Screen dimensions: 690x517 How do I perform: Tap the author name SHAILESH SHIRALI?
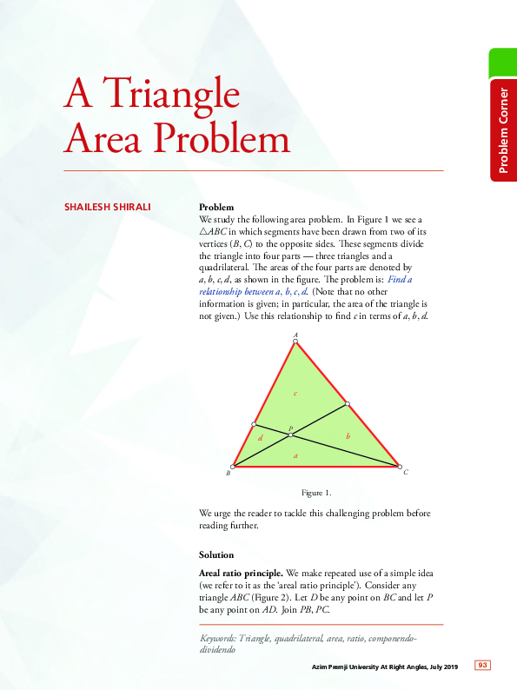pos(107,208)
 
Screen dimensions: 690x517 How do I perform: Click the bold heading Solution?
pos(216,554)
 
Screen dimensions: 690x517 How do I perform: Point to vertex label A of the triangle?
pos(296,335)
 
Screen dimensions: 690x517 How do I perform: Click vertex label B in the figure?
pos(228,474)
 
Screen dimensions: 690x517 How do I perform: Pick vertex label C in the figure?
pos(406,473)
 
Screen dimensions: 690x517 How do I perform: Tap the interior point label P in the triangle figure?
pos(291,428)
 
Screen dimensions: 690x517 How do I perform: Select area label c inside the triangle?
pos(295,394)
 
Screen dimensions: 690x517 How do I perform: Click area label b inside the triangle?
pos(348,436)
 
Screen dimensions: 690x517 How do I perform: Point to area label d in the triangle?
pos(260,439)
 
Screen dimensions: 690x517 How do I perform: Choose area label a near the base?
pos(295,455)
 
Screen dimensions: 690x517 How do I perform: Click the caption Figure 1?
pos(315,493)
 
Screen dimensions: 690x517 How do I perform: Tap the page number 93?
pos(482,666)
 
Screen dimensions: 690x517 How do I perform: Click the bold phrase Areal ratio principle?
pos(241,574)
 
